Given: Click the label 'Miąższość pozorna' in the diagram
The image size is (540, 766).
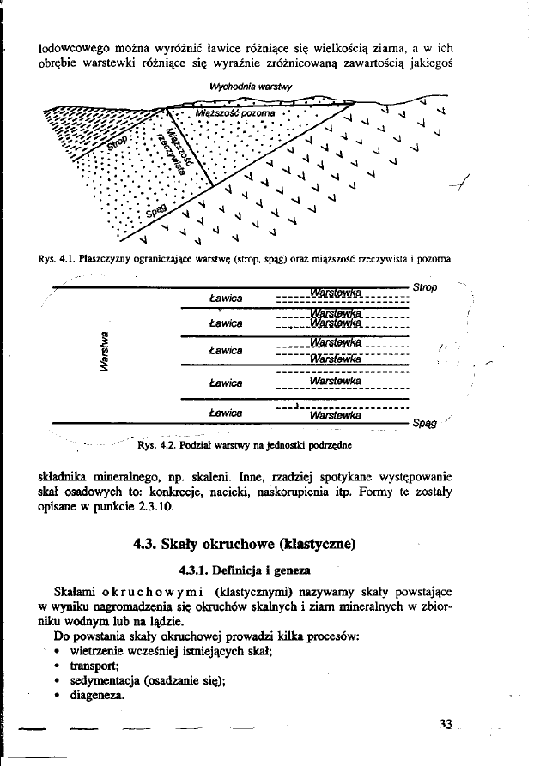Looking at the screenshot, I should click(x=234, y=112).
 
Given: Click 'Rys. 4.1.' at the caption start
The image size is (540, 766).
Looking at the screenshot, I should click(x=56, y=256).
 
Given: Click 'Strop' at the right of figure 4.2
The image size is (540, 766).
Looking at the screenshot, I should click(x=425, y=286).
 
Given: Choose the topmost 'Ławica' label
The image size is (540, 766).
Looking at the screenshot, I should click(x=226, y=297).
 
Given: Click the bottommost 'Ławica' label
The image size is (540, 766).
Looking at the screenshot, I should click(x=226, y=413).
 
